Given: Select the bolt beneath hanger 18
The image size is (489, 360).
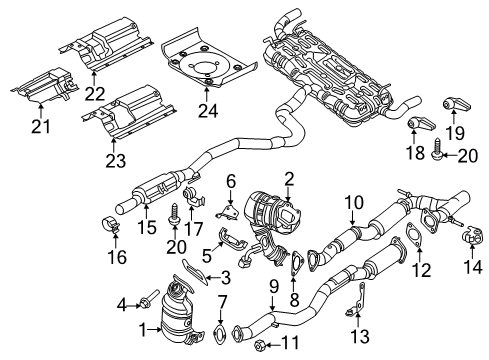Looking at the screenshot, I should (438, 182).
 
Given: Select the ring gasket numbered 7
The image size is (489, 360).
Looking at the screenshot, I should (220, 333).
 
